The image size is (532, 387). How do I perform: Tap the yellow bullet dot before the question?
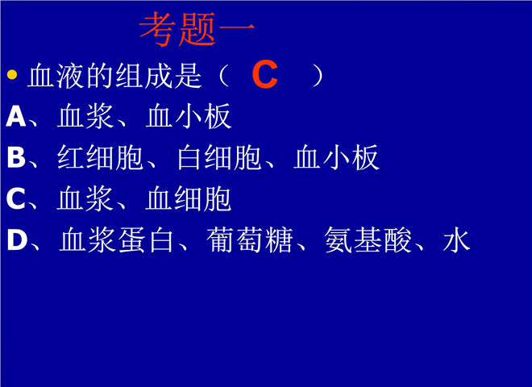(x=12, y=74)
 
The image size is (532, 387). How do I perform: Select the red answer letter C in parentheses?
(x=265, y=74)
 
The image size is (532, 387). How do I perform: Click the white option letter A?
(x=16, y=116)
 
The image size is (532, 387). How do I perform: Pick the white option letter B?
(x=16, y=157)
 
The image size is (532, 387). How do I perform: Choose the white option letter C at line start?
(x=16, y=198)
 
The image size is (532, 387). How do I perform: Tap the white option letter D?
(x=17, y=239)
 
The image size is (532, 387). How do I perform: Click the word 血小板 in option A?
(x=189, y=116)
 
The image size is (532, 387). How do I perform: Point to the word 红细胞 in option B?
(x=100, y=157)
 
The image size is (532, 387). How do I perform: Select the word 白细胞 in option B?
(x=218, y=157)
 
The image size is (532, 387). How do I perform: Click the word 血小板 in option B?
(x=336, y=157)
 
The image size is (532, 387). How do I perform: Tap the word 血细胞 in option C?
(x=189, y=198)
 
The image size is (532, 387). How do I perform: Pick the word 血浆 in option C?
(x=85, y=198)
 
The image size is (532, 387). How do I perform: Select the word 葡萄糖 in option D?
(x=250, y=239)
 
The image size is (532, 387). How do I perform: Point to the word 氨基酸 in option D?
(x=368, y=239)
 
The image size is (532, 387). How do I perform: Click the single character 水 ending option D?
(x=457, y=239)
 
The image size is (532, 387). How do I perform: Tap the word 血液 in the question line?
(x=56, y=76)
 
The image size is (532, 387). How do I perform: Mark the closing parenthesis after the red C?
(x=318, y=76)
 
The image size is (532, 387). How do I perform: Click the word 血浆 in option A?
(x=85, y=116)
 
